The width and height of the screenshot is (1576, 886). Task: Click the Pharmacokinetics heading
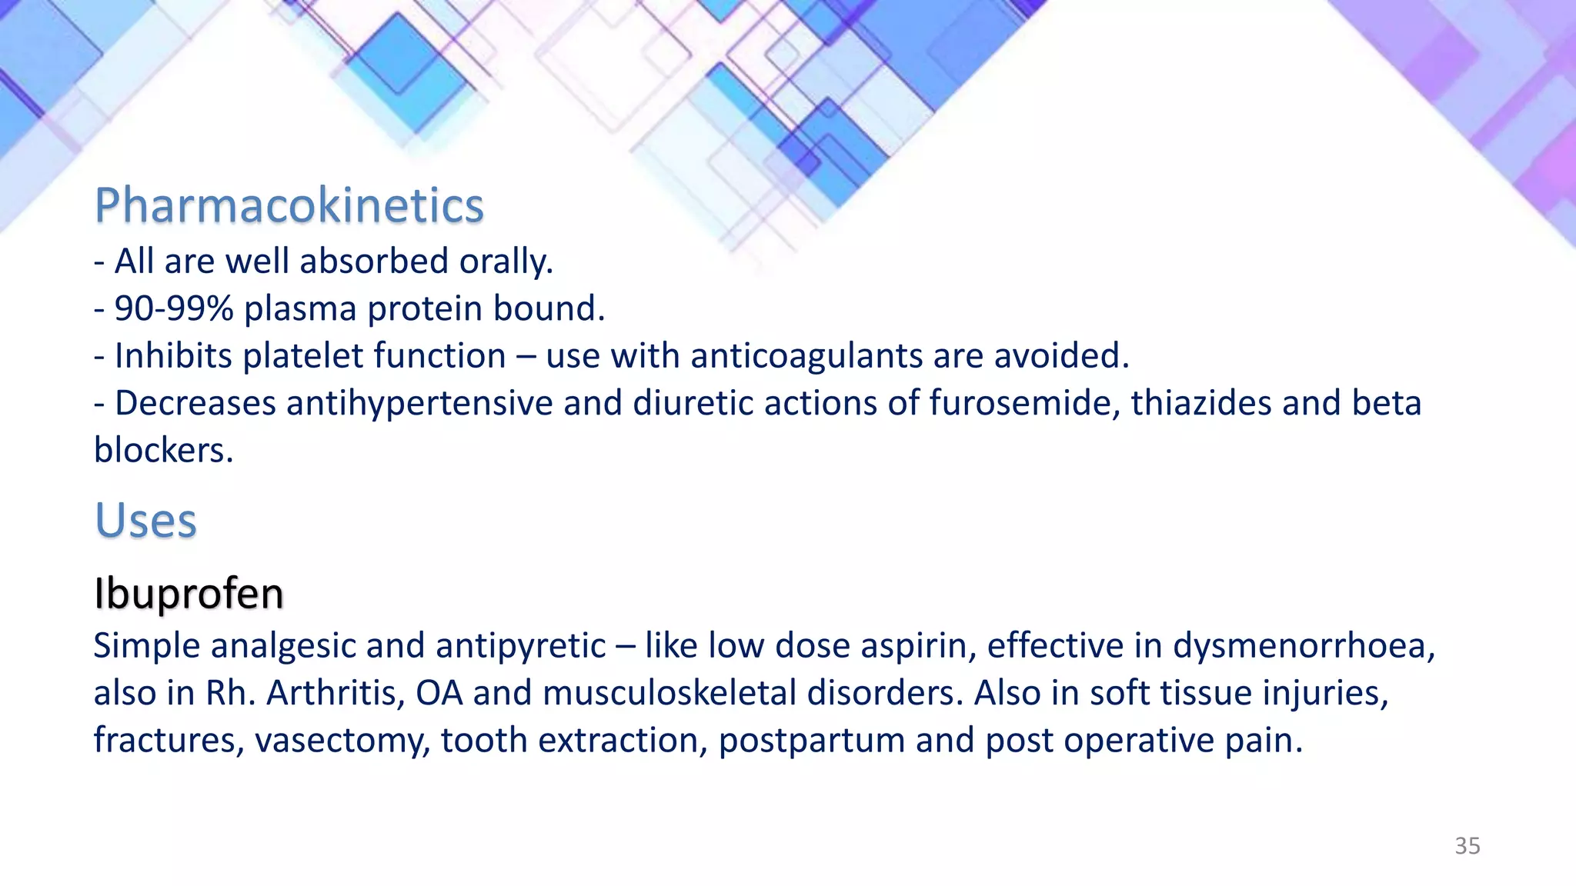(289, 206)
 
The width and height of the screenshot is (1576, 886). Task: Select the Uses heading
(145, 521)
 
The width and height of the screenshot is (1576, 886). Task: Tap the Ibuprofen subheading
(189, 594)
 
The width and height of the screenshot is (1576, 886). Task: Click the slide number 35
(1467, 846)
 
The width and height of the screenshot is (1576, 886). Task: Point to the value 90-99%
(174, 309)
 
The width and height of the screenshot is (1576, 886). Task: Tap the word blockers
(162, 451)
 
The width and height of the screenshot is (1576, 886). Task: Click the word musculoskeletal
(669, 694)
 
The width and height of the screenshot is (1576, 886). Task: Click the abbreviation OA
(439, 694)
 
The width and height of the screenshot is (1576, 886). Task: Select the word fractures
(169, 741)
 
